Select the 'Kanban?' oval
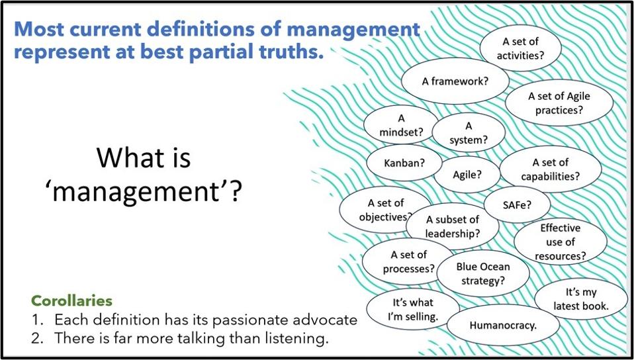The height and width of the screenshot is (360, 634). pos(404,162)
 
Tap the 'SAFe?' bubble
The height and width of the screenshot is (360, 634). pos(518,204)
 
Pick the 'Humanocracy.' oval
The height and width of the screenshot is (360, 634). pos(503,325)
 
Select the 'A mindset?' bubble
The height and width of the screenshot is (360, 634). pos(401,125)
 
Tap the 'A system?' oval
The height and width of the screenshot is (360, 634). pos(469,132)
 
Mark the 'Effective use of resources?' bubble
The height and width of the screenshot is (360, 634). pos(560,241)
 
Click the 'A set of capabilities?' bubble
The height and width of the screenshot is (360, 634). pos(550,169)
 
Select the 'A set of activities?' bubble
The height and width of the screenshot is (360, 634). pos(520,48)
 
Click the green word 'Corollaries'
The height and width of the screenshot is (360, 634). pos(71,300)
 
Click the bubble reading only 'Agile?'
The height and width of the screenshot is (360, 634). pos(467,175)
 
